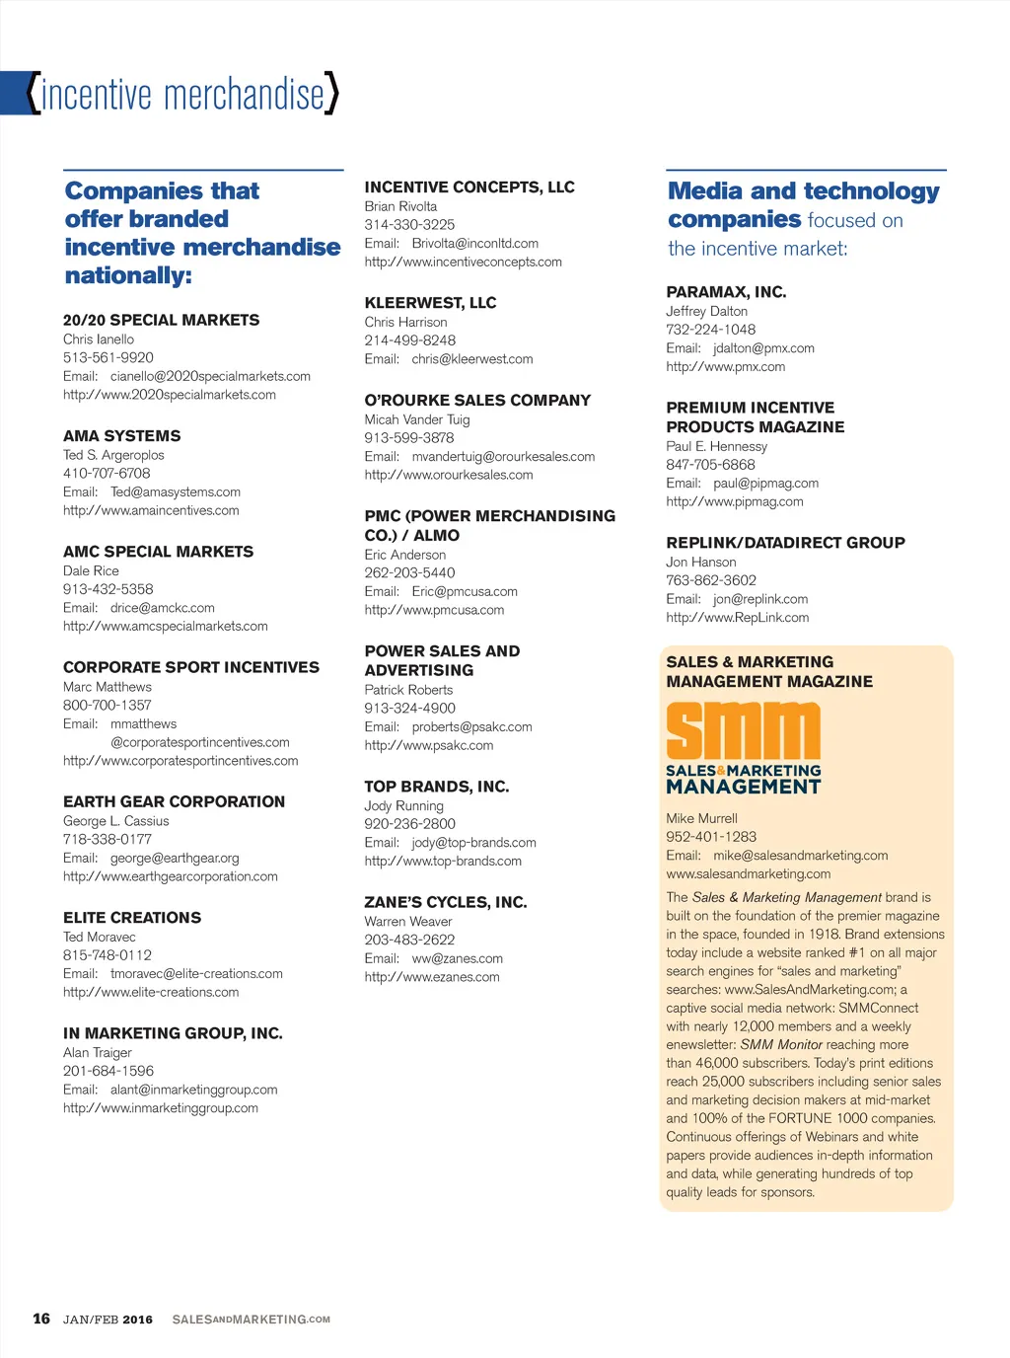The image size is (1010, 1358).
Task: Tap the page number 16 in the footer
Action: pyautogui.click(x=41, y=1319)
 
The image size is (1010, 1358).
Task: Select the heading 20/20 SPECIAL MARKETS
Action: pyautogui.click(x=161, y=320)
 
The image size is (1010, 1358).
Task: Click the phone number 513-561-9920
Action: pyautogui.click(x=108, y=357)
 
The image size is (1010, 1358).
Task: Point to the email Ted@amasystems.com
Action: pyautogui.click(x=176, y=491)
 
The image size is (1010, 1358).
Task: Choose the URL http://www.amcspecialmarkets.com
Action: pyautogui.click(x=166, y=626)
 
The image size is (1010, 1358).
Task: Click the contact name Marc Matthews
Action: pyautogui.click(x=108, y=687)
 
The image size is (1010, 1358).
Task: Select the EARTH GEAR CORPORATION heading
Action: pyautogui.click(x=174, y=801)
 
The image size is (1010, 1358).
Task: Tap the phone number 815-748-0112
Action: pyautogui.click(x=108, y=954)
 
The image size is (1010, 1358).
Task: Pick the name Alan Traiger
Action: pyautogui.click(x=98, y=1052)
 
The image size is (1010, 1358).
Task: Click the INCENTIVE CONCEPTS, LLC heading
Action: pyautogui.click(x=469, y=187)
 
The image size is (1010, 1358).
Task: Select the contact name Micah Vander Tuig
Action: pyautogui.click(x=417, y=419)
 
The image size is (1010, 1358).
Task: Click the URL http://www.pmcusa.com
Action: pyautogui.click(x=434, y=610)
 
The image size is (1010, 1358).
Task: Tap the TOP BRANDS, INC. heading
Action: pyautogui.click(x=437, y=787)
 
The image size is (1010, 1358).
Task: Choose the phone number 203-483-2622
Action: pyautogui.click(x=409, y=940)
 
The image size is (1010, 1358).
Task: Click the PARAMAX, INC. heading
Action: pyautogui.click(x=726, y=292)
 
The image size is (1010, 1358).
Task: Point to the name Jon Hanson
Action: pyautogui.click(x=701, y=562)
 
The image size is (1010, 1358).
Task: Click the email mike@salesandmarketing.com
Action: pyautogui.click(x=800, y=856)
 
